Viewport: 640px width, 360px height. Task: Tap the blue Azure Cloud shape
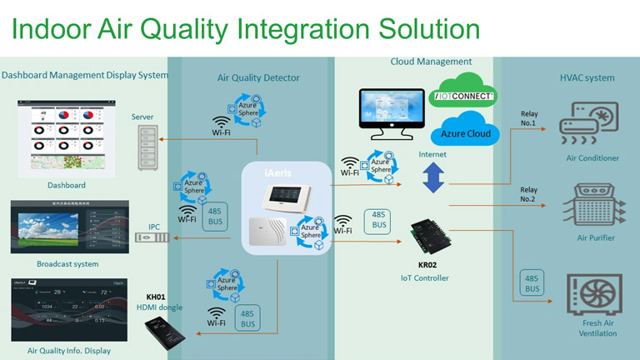(463, 132)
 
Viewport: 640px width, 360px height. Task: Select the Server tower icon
(151, 149)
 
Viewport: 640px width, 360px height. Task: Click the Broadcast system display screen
(67, 227)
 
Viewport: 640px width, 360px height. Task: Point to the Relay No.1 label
(529, 117)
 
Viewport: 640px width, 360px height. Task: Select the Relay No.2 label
(529, 194)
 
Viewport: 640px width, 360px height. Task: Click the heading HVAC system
(587, 78)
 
